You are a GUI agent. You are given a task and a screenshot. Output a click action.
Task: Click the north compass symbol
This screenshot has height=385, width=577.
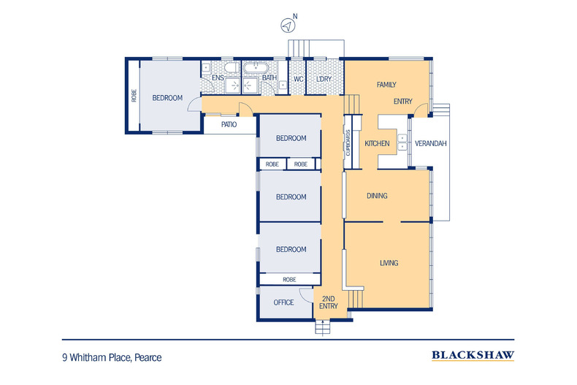pyautogui.click(x=288, y=25)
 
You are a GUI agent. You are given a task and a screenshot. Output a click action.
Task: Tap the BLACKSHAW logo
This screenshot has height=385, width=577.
pyautogui.click(x=473, y=357)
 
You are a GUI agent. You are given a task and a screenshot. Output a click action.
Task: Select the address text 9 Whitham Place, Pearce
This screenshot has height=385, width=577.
pyautogui.click(x=112, y=357)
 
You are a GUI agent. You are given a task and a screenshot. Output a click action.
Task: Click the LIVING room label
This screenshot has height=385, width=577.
pyautogui.click(x=389, y=262)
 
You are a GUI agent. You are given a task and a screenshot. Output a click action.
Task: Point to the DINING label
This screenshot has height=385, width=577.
pyautogui.click(x=377, y=196)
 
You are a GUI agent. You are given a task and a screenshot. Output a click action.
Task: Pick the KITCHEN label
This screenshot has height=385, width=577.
pyautogui.click(x=377, y=143)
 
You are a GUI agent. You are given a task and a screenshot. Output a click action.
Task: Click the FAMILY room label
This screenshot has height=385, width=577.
pyautogui.click(x=386, y=85)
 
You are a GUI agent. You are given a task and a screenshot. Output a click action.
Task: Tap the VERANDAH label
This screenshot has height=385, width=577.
pyautogui.click(x=430, y=143)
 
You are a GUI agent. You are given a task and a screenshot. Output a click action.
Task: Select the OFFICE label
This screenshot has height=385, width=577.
pyautogui.click(x=283, y=302)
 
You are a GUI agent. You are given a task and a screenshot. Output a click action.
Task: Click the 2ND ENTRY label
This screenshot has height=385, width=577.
pyautogui.click(x=329, y=303)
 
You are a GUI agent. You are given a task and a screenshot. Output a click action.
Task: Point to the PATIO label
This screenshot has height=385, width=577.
pyautogui.click(x=229, y=125)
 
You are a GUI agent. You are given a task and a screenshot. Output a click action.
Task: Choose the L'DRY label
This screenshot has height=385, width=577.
pyautogui.click(x=324, y=78)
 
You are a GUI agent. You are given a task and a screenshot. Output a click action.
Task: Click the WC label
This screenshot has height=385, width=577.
pyautogui.click(x=298, y=78)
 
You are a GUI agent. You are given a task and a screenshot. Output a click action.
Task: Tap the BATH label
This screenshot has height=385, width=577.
pyautogui.click(x=269, y=78)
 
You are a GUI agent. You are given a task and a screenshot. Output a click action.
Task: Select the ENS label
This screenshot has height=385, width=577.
pyautogui.click(x=218, y=78)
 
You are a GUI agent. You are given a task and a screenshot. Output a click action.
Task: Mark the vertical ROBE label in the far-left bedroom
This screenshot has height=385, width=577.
pyautogui.click(x=134, y=96)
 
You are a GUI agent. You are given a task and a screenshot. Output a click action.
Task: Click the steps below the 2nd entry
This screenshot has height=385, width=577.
pyautogui.click(x=322, y=328)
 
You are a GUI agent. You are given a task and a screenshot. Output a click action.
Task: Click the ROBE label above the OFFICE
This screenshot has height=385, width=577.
pyautogui.click(x=288, y=279)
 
